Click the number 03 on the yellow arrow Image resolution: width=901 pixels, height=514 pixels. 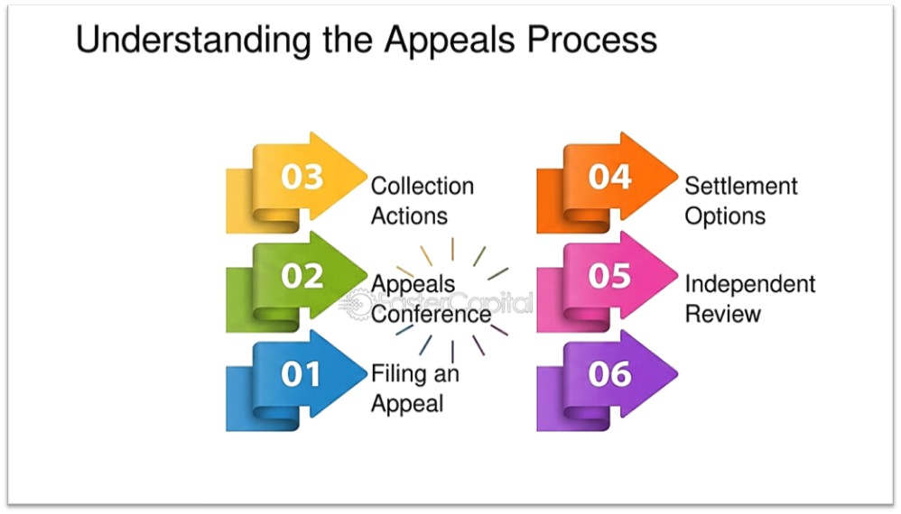tap(302, 177)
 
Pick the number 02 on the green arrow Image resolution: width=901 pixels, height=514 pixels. tap(302, 276)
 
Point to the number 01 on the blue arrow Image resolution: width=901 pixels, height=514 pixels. tap(302, 374)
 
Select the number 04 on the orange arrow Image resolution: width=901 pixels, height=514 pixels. tap(610, 177)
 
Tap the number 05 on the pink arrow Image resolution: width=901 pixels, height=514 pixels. tap(610, 276)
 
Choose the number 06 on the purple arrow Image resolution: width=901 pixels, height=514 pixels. tap(610, 374)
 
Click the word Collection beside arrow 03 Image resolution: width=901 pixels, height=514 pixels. tap(423, 187)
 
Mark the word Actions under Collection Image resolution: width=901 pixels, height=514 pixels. tap(409, 216)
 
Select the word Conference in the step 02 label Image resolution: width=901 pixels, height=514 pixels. tap(431, 315)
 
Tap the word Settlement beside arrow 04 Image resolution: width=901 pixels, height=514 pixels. tap(741, 187)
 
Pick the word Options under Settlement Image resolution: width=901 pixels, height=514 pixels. tap(725, 216)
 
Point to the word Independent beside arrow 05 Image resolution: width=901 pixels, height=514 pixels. tap(749, 285)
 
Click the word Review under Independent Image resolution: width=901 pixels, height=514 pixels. tap(722, 315)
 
